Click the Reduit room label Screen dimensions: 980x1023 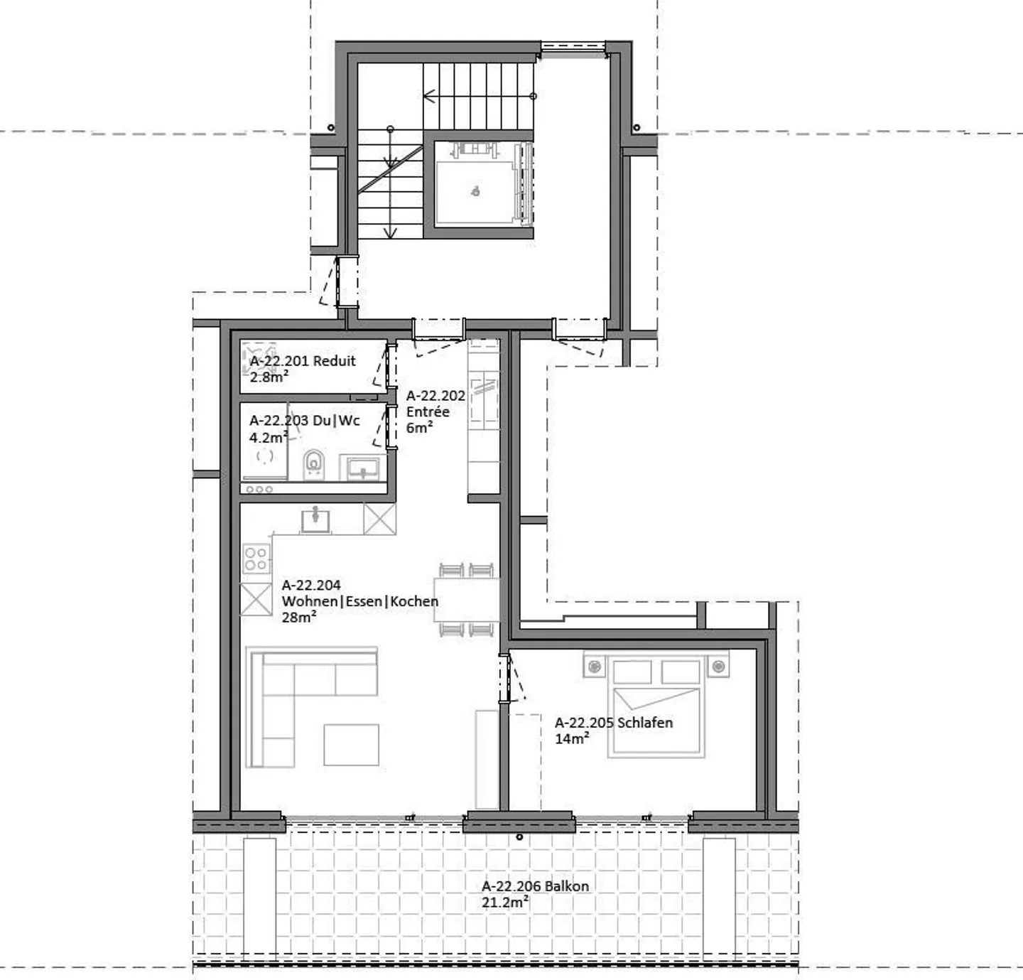point(303,361)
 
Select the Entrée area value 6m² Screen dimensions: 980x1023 point(419,428)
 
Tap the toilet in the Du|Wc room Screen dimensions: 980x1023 point(313,464)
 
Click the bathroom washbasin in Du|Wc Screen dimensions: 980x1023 point(362,468)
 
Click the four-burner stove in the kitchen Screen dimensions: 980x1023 point(256,558)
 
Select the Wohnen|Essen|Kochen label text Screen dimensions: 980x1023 point(359,601)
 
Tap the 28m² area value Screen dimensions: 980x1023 point(298,618)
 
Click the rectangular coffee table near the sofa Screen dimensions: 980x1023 point(351,744)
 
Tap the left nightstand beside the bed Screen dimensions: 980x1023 point(595,666)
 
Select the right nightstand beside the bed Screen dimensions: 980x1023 point(718,666)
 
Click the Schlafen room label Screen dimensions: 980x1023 point(613,723)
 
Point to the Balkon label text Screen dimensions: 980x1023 point(535,886)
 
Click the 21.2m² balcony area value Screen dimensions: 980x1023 point(504,903)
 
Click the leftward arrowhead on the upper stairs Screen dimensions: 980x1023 point(428,96)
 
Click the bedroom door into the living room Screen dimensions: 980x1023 point(505,679)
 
